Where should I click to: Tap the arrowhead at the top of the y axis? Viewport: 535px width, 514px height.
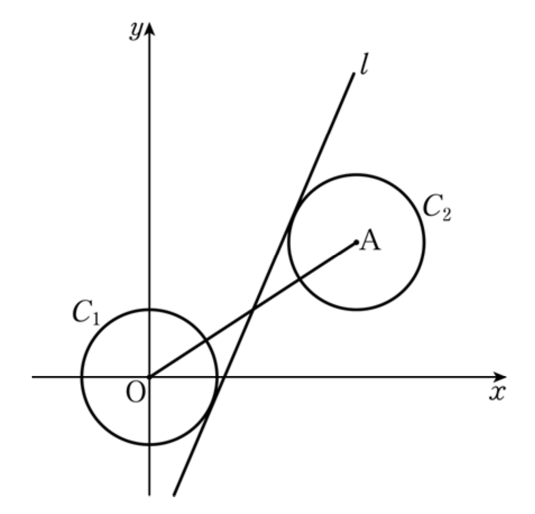149,28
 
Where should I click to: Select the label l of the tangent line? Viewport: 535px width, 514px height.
364,64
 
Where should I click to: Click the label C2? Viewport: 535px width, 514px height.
437,207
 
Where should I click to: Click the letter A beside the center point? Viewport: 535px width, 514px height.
370,240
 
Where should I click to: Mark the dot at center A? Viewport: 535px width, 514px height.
356,242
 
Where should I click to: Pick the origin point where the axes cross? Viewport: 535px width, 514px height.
149,377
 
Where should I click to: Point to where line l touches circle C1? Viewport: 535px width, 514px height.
212,404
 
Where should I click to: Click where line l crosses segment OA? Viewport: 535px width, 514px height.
253,309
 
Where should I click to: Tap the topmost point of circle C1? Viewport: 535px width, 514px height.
149,309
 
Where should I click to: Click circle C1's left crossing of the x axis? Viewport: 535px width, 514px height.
82,377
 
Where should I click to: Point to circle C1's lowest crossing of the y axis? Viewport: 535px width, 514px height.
149,444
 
